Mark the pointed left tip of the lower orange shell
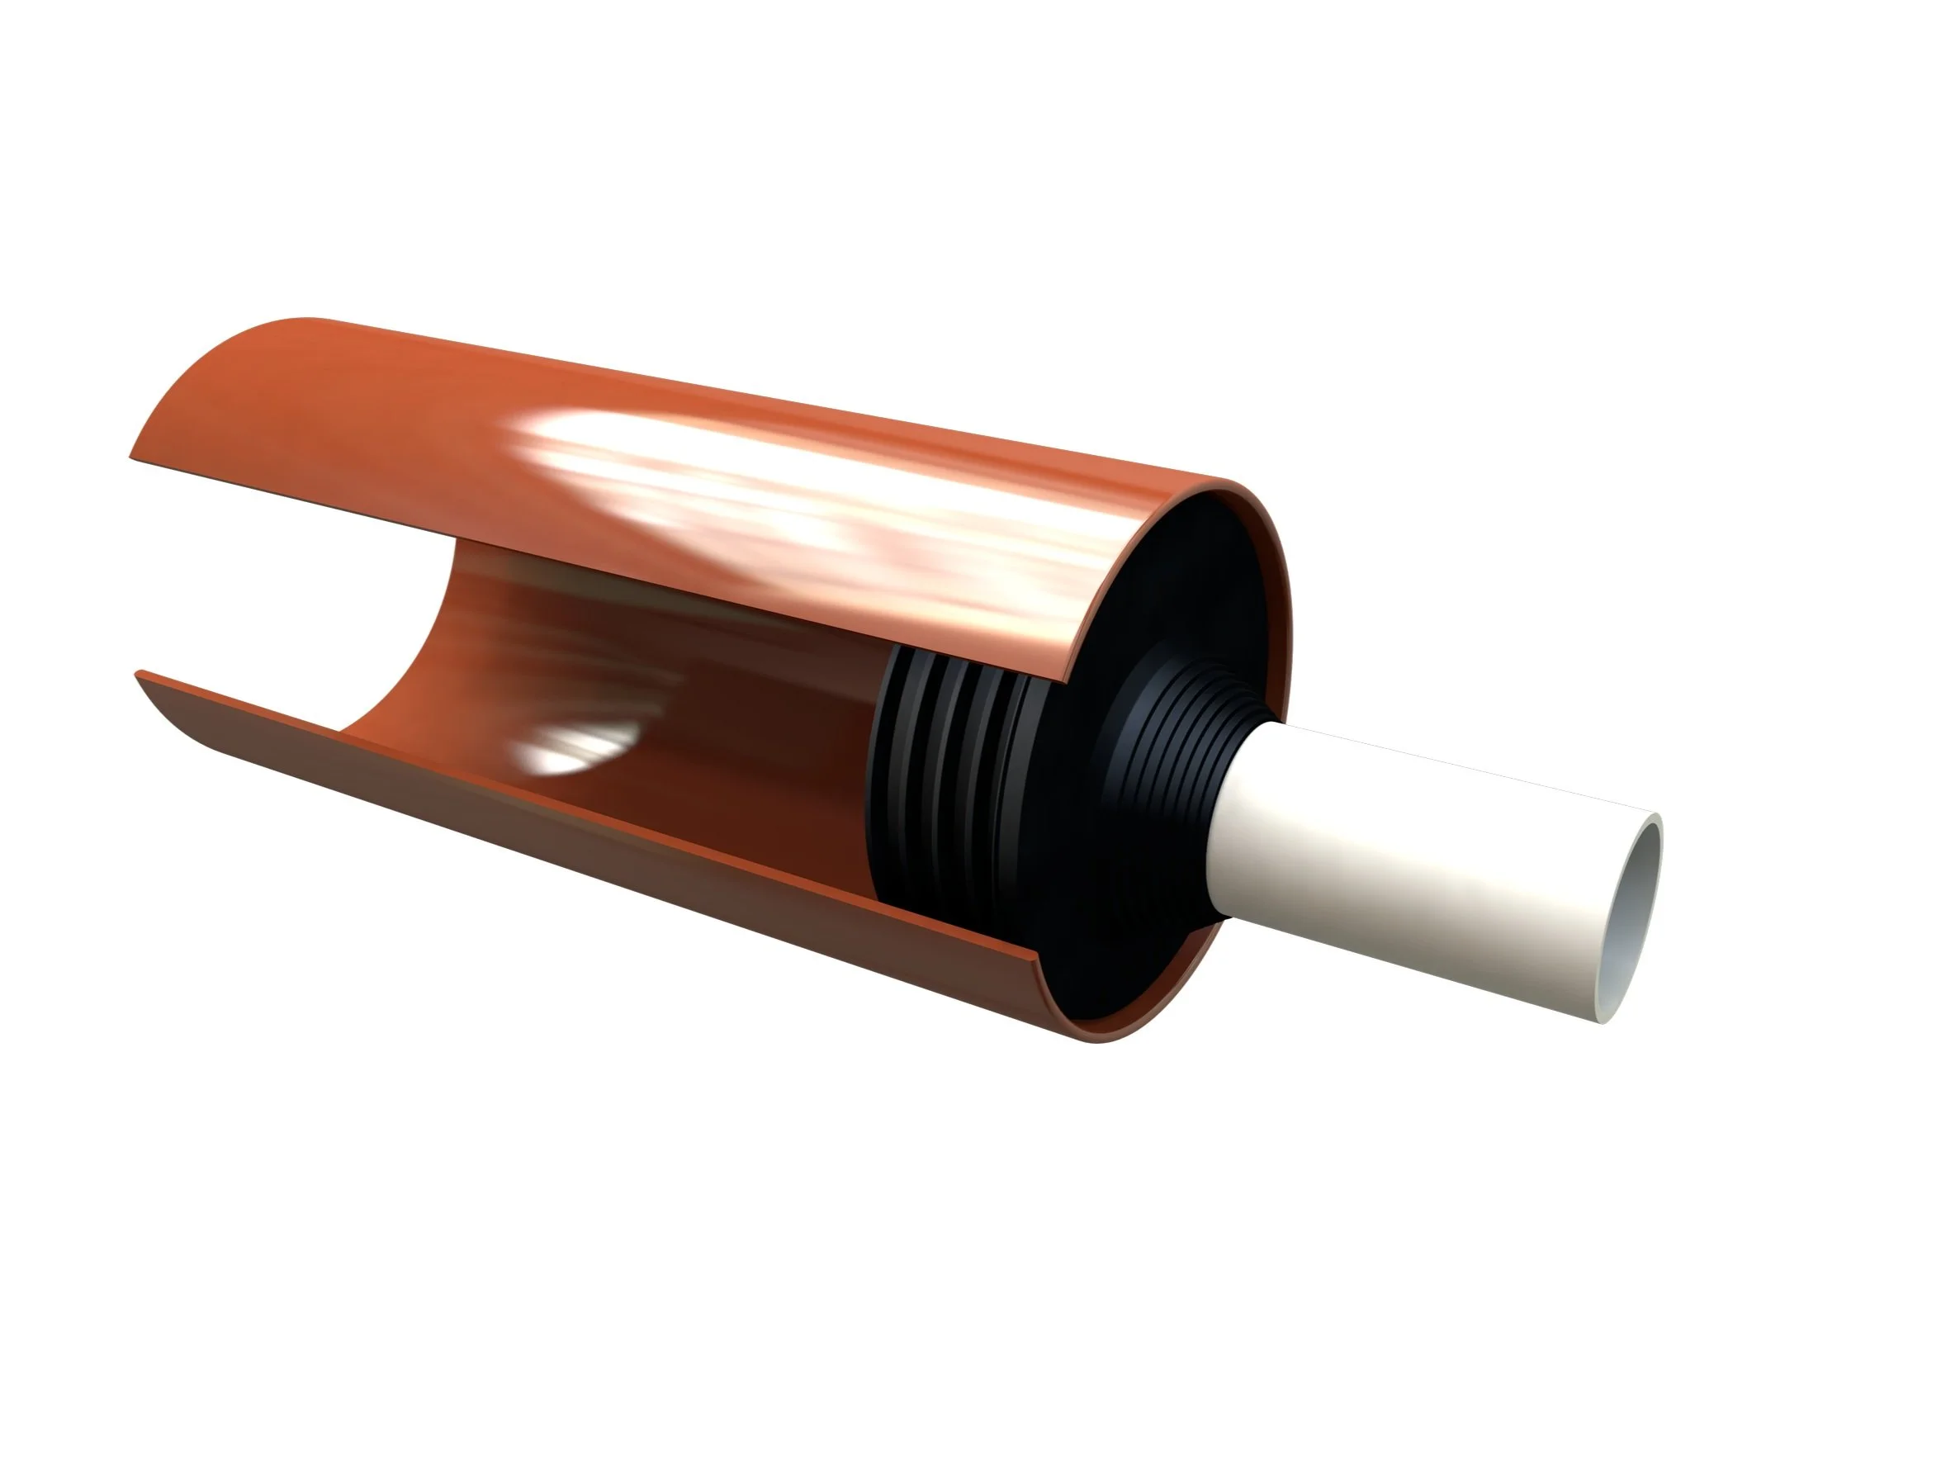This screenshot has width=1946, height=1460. coord(137,674)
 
